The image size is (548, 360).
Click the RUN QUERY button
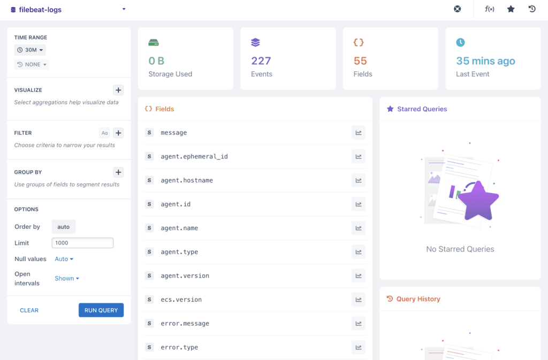(101, 310)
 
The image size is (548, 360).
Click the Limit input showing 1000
(82, 243)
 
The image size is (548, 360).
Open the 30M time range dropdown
(30, 50)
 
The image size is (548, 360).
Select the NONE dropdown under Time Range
(32, 64)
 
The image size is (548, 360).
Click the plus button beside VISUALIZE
(118, 90)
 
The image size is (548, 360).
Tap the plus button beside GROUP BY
(118, 172)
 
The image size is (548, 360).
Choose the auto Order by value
(64, 227)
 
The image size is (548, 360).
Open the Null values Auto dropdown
(64, 259)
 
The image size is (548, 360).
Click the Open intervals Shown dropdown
(67, 278)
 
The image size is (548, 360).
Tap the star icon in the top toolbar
(511, 9)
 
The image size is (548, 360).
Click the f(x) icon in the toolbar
(489, 9)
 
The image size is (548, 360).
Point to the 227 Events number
(261, 61)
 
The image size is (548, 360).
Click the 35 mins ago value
(485, 61)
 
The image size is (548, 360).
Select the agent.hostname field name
(187, 180)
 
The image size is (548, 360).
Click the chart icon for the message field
(358, 133)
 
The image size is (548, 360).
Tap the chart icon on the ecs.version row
(358, 300)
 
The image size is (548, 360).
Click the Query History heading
(418, 299)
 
